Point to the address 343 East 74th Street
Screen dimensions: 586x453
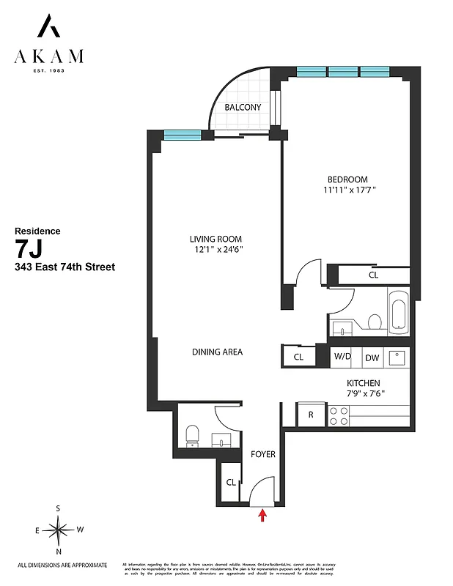point(65,267)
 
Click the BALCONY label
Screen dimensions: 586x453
point(243,107)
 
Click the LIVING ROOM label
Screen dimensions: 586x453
point(216,239)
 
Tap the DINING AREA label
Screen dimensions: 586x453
point(217,352)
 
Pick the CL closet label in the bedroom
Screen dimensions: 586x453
point(373,275)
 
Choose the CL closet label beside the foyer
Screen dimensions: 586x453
point(231,482)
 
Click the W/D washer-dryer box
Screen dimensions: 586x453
point(343,357)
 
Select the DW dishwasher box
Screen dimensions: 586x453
point(372,357)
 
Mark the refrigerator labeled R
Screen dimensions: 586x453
point(311,415)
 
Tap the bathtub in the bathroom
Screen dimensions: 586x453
point(399,311)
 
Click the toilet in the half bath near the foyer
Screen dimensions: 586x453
point(191,434)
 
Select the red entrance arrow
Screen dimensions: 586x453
point(262,516)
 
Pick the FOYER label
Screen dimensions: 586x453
point(263,454)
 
